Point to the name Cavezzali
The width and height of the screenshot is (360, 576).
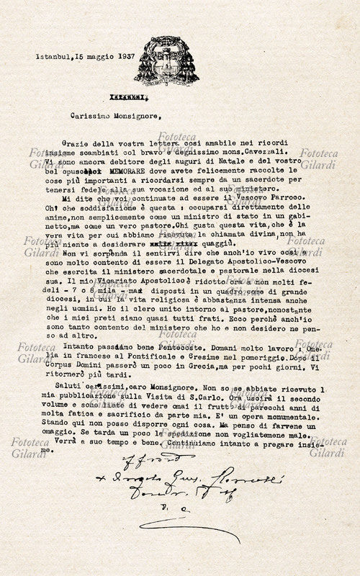tap(255, 153)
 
